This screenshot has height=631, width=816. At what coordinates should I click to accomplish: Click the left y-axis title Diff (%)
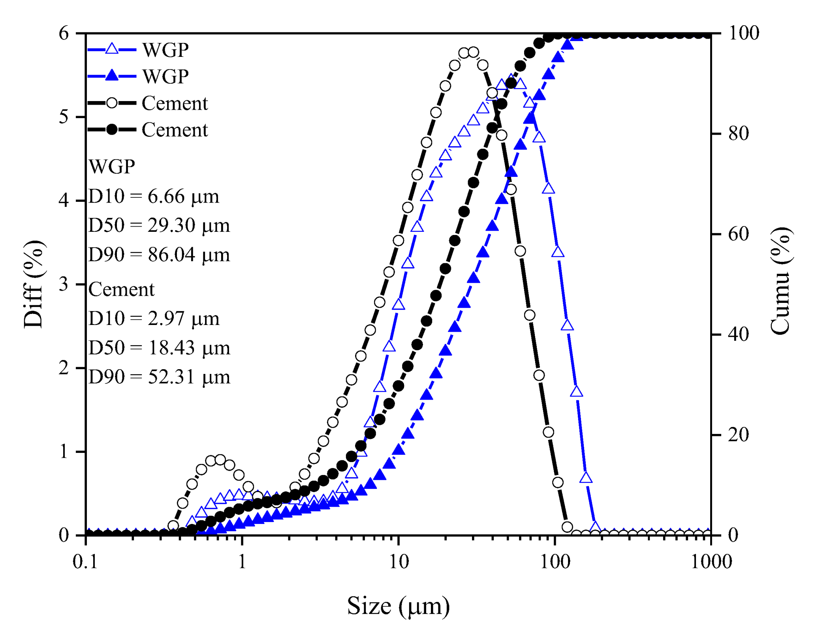pyautogui.click(x=33, y=284)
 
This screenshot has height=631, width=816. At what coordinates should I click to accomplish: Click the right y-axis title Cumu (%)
pyautogui.click(x=780, y=281)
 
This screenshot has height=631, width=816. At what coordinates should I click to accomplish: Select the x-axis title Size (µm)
pyautogui.click(x=398, y=606)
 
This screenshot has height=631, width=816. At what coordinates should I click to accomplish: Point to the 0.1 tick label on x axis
pyautogui.click(x=85, y=561)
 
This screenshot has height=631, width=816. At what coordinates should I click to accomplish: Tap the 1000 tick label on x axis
pyautogui.click(x=711, y=561)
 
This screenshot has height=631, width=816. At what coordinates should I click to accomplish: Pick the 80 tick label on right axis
pyautogui.click(x=739, y=133)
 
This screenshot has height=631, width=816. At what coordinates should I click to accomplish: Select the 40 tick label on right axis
pyautogui.click(x=739, y=334)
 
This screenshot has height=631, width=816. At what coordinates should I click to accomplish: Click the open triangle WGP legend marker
pyautogui.click(x=112, y=49)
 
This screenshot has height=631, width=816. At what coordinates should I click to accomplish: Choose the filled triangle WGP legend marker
pyautogui.click(x=112, y=75)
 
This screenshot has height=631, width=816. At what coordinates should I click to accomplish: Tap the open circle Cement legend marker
pyautogui.click(x=112, y=103)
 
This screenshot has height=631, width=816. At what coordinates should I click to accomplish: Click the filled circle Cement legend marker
pyautogui.click(x=112, y=130)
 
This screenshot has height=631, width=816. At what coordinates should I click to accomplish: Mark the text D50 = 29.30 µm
pyautogui.click(x=159, y=225)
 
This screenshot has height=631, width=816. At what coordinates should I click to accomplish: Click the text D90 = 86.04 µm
pyautogui.click(x=159, y=255)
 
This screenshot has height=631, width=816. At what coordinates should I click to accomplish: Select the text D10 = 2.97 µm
pyautogui.click(x=154, y=318)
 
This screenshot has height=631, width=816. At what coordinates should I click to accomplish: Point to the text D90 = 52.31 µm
pyautogui.click(x=159, y=377)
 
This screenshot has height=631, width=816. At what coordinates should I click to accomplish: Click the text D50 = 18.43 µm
pyautogui.click(x=159, y=348)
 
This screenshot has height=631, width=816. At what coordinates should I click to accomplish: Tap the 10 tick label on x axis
pyautogui.click(x=399, y=561)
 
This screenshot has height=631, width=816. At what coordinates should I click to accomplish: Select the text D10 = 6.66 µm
pyautogui.click(x=154, y=196)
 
